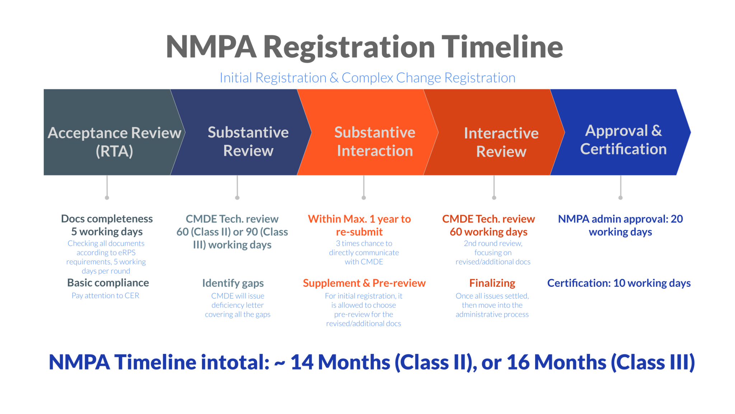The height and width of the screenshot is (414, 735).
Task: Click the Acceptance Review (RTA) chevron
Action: pyautogui.click(x=111, y=132)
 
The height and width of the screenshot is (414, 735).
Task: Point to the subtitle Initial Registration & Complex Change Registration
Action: pyautogui.click(x=367, y=78)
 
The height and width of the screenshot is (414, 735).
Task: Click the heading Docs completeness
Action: pyautogui.click(x=107, y=219)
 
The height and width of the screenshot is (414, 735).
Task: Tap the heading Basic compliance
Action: pyautogui.click(x=108, y=283)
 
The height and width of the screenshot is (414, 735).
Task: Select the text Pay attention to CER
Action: pyautogui.click(x=105, y=295)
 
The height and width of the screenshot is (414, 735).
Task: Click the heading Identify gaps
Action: pyautogui.click(x=233, y=283)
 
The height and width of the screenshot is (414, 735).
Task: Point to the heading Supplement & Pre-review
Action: pyautogui.click(x=364, y=283)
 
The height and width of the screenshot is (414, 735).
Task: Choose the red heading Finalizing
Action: pyautogui.click(x=492, y=283)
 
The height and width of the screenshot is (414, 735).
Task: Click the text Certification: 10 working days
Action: pyautogui.click(x=619, y=283)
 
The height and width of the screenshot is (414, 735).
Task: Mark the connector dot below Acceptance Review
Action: pyautogui.click(x=107, y=198)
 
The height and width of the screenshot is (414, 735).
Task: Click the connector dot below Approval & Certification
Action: pyautogui.click(x=621, y=198)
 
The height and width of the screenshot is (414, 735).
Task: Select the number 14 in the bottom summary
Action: pyautogui.click(x=302, y=362)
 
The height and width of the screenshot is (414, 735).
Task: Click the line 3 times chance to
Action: pyautogui.click(x=364, y=243)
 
